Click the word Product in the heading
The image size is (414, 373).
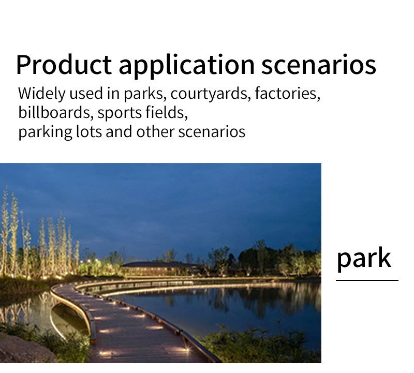coord(64,65)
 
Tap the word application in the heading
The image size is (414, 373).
coord(186,66)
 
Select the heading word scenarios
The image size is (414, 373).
coord(319,65)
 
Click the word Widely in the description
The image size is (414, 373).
coord(42,94)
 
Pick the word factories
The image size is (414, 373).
coord(288,94)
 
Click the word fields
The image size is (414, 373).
coord(167,113)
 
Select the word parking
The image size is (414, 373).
coord(45,132)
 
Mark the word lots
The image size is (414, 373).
coord(88,132)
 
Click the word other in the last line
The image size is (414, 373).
coord(155,131)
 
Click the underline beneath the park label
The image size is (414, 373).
coord(367,280)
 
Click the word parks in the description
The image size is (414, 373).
coord(145,94)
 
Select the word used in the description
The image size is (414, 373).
coord(86,94)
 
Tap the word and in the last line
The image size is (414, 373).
coord(119,131)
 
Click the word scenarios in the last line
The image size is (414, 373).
coord(212,132)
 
